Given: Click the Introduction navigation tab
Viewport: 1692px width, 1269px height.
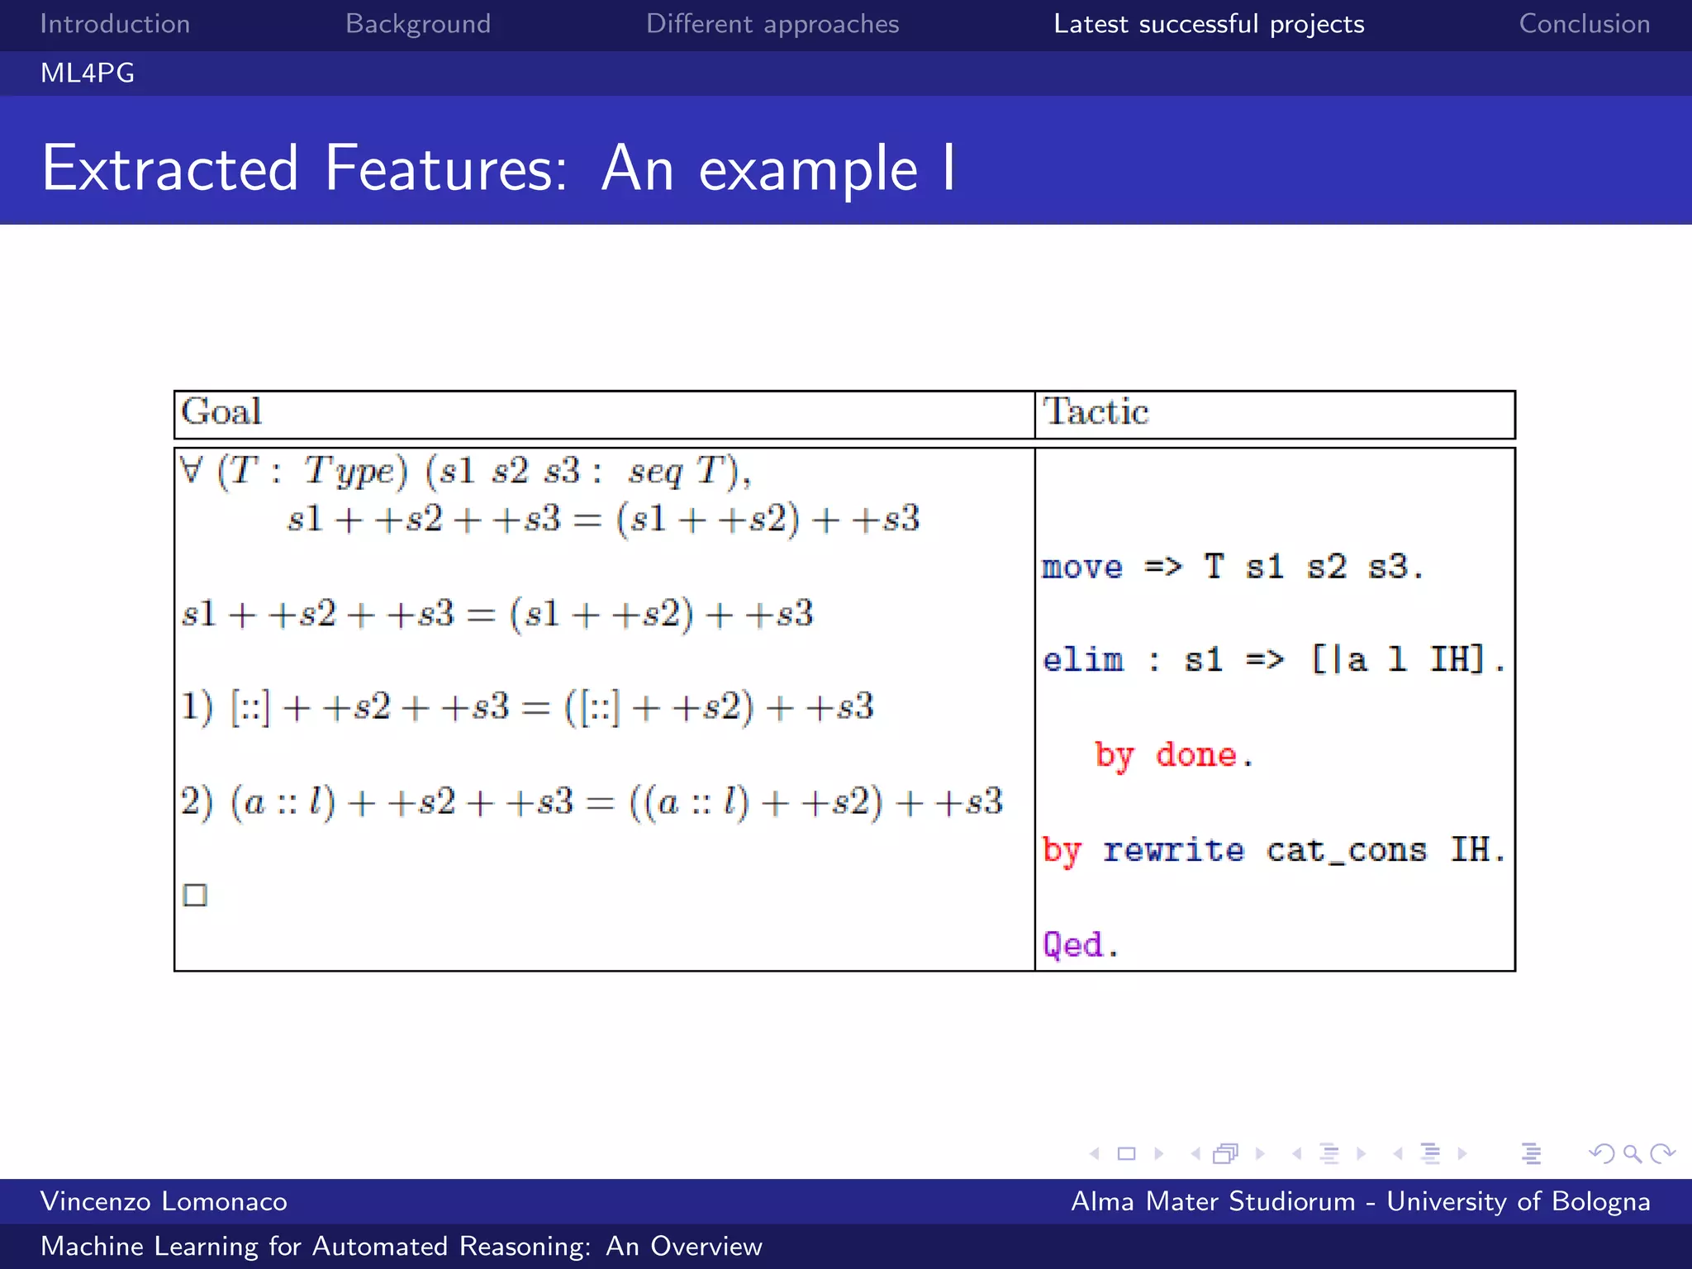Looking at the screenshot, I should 115,24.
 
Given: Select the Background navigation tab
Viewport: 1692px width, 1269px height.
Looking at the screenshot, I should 417,24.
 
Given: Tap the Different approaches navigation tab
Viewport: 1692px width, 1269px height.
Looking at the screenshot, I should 772,24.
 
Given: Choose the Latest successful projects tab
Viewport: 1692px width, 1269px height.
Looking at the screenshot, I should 1208,24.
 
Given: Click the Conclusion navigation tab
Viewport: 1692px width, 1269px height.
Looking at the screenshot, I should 1584,24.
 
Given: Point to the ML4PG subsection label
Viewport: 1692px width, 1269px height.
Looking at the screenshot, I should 88,74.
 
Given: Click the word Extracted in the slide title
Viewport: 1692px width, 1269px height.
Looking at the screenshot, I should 169,169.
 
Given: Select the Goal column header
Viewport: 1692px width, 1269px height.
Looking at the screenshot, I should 221,412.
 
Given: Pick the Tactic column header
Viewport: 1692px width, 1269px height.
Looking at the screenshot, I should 1096,412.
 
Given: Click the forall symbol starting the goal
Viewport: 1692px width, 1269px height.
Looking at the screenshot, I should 191,471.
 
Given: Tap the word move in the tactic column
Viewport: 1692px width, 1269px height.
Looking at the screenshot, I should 1082,568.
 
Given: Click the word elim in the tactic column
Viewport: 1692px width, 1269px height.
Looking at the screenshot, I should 1082,660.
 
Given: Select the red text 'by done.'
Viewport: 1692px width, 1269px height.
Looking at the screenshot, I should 1173,755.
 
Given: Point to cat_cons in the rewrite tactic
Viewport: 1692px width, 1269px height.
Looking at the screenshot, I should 1346,850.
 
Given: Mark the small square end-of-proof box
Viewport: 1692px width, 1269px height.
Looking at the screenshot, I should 195,895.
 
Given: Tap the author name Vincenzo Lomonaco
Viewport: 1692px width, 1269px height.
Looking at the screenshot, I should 164,1201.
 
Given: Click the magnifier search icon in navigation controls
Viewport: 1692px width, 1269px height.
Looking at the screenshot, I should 1632,1153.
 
